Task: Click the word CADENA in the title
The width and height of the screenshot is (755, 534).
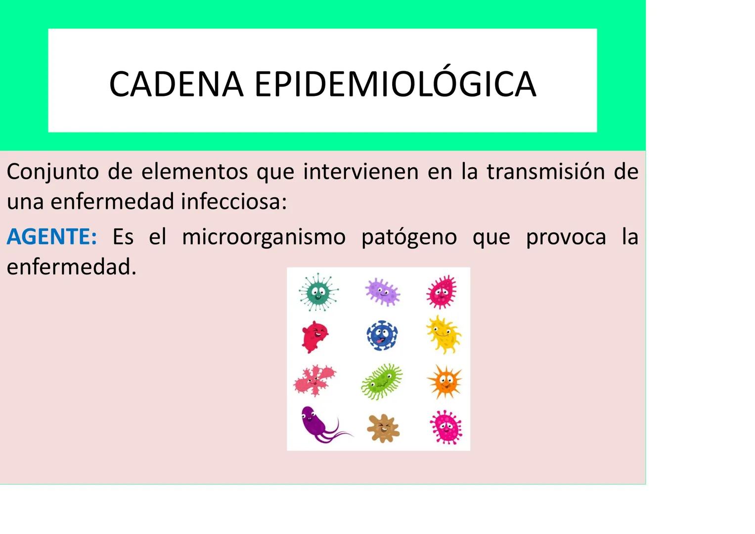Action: pos(176,84)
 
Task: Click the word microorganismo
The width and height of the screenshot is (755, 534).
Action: pos(264,237)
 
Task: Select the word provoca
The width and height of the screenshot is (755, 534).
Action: pos(566,237)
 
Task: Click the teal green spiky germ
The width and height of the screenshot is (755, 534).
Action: pos(318,292)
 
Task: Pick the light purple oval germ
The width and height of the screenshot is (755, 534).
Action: pos(382,291)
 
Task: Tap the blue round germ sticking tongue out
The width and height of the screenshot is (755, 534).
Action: pos(382,336)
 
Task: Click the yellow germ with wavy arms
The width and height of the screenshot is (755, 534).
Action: pos(444,335)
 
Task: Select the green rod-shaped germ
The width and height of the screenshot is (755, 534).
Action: pos(382,381)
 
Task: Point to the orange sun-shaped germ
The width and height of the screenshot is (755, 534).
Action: pos(444,381)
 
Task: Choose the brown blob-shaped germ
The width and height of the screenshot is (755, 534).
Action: pos(383,428)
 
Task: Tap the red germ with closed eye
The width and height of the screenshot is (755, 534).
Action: pos(314,336)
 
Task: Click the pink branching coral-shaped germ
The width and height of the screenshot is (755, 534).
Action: pos(315,380)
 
